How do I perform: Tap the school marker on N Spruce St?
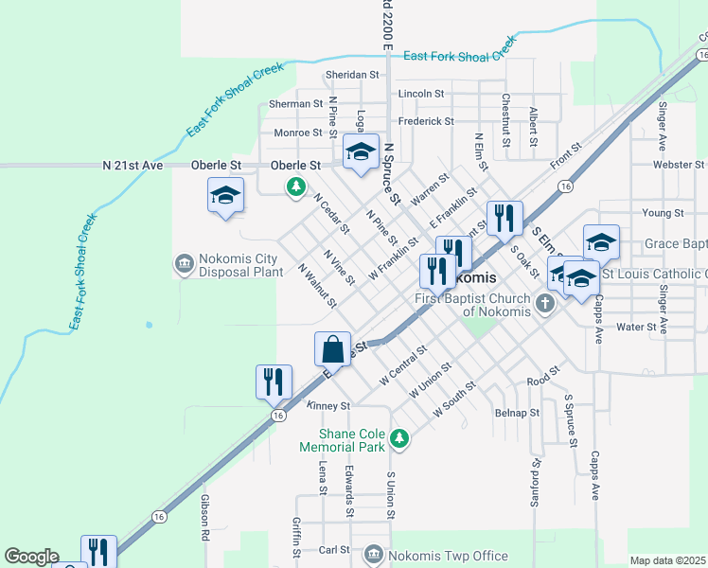(x=360, y=151)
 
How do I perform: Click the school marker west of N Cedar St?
(x=225, y=195)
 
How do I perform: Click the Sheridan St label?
(x=351, y=75)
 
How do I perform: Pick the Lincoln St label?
(x=421, y=94)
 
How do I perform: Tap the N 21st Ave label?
(x=133, y=165)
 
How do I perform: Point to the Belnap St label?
(x=517, y=413)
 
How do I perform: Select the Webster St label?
(x=674, y=165)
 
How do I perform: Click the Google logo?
(x=30, y=557)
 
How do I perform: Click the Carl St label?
(x=334, y=549)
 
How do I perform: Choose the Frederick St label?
(x=426, y=121)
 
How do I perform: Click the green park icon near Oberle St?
(x=297, y=186)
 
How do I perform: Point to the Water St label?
(x=636, y=327)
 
